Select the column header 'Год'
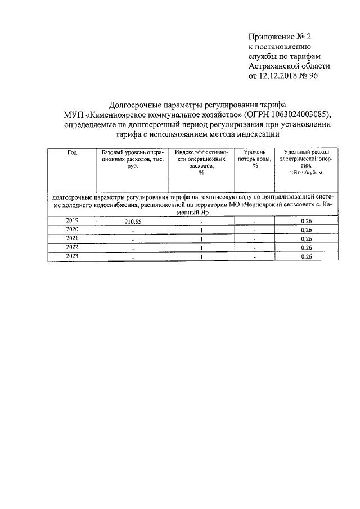(x=72, y=153)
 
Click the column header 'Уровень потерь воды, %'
(x=255, y=159)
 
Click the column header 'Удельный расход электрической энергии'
(x=307, y=163)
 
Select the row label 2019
(x=72, y=220)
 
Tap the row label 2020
(x=72, y=229)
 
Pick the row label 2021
(x=72, y=238)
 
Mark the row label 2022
(x=72, y=247)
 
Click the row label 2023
(x=72, y=256)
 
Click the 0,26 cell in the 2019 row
(x=307, y=221)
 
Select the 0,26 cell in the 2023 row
(x=307, y=257)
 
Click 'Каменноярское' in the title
(x=121, y=115)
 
